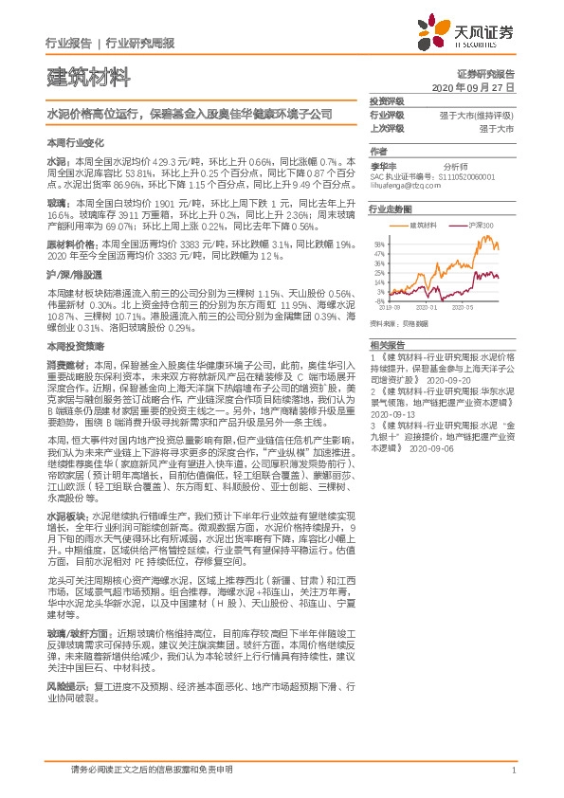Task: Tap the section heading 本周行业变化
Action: pyautogui.click(x=72, y=141)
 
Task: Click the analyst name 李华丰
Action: pyautogui.click(x=381, y=163)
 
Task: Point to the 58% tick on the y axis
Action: pyautogui.click(x=376, y=243)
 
